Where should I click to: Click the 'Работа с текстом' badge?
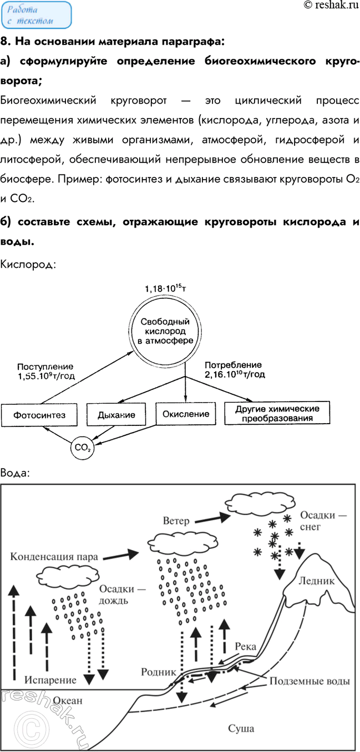[36, 15]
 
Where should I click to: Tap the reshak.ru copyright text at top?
[330, 6]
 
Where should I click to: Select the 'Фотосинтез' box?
[38, 414]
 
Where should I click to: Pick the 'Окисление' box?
[185, 413]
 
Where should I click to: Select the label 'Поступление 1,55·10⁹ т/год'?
[45, 371]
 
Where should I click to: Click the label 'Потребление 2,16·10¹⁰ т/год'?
[235, 370]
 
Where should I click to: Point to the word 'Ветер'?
[176, 521]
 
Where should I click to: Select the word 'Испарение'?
[49, 679]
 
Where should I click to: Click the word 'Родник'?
[158, 672]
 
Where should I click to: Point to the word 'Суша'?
[241, 728]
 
